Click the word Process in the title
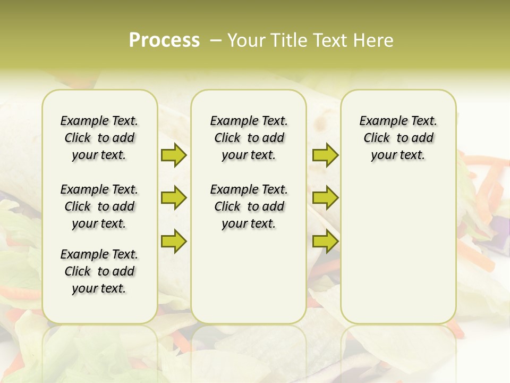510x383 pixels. (x=164, y=40)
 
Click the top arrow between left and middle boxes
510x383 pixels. (x=174, y=155)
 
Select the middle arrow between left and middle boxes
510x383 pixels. (x=174, y=198)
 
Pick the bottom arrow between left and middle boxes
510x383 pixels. (x=174, y=241)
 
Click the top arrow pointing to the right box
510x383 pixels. (x=325, y=155)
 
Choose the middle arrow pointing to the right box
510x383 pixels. (x=325, y=198)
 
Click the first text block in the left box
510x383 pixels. (x=99, y=138)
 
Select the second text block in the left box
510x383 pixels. (x=99, y=206)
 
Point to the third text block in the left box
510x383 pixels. (x=99, y=271)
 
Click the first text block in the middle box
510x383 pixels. (x=249, y=138)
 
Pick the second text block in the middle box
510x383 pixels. (x=249, y=206)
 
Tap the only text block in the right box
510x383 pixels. (x=398, y=138)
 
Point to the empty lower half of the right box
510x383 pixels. (x=398, y=255)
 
